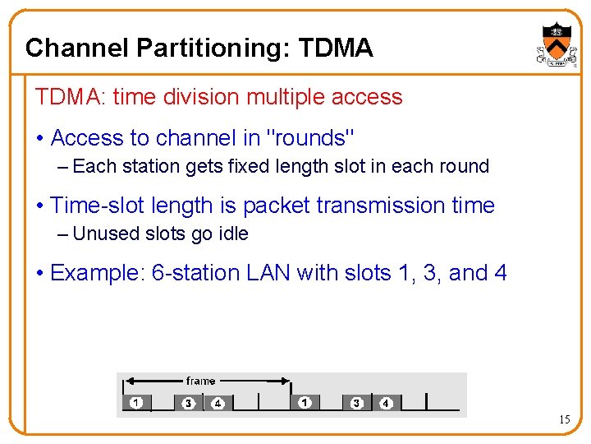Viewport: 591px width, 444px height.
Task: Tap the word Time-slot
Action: [103, 205]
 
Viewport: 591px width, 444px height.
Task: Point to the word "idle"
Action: [232, 234]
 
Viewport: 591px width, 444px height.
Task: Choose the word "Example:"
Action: [98, 272]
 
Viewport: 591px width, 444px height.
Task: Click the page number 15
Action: [565, 420]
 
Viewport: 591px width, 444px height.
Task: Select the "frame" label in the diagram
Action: [200, 381]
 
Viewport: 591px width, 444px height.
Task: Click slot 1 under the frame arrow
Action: [136, 403]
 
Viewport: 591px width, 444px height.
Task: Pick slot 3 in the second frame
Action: [356, 403]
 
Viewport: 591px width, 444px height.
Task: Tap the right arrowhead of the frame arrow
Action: [287, 381]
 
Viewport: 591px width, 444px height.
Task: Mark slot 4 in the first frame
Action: [218, 403]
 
